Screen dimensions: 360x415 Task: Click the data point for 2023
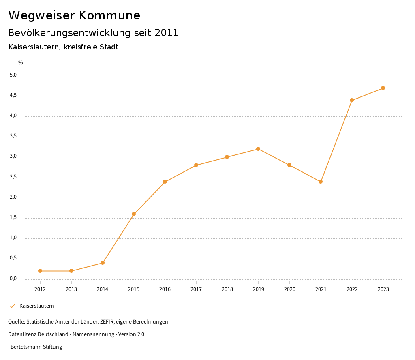coord(383,88)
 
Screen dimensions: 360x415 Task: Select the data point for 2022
coord(352,100)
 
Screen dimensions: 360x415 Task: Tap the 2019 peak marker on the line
coord(258,149)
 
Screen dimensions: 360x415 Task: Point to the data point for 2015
coord(134,214)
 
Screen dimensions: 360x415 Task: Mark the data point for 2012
coord(40,271)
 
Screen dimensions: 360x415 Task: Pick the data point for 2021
coord(321,182)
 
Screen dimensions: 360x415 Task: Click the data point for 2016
coord(165,182)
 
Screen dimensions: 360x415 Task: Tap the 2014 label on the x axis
coord(103,289)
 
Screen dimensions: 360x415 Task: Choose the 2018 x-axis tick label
coord(227,289)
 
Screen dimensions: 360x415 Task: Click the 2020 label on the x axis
coord(289,289)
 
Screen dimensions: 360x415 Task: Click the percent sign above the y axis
coord(21,63)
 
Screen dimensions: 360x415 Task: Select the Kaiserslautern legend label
coord(36,306)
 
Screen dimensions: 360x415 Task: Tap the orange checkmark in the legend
coord(12,306)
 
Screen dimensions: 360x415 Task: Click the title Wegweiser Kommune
coord(74,15)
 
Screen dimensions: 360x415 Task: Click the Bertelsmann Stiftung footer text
coord(36,347)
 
